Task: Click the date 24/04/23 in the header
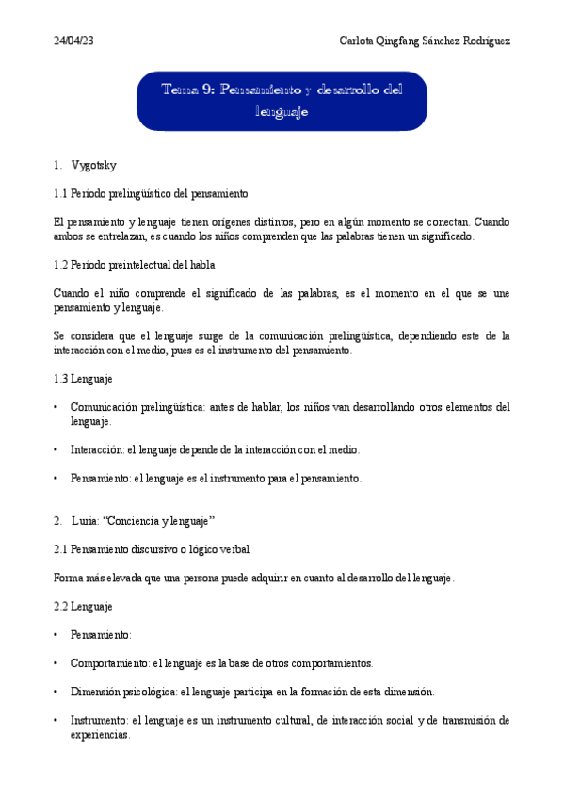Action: pyautogui.click(x=73, y=41)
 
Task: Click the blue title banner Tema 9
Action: pyautogui.click(x=282, y=101)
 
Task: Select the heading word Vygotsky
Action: pyautogui.click(x=93, y=166)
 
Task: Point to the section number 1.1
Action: pyautogui.click(x=62, y=193)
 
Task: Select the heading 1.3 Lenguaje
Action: pyautogui.click(x=83, y=379)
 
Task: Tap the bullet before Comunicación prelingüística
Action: pyautogui.click(x=57, y=407)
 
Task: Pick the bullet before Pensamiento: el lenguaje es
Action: pyautogui.click(x=57, y=479)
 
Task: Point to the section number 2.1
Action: pyautogui.click(x=62, y=548)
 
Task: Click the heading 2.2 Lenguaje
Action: pyautogui.click(x=83, y=607)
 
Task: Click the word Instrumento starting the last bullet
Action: pyautogui.click(x=99, y=720)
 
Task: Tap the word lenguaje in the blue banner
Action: pyautogui.click(x=282, y=112)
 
